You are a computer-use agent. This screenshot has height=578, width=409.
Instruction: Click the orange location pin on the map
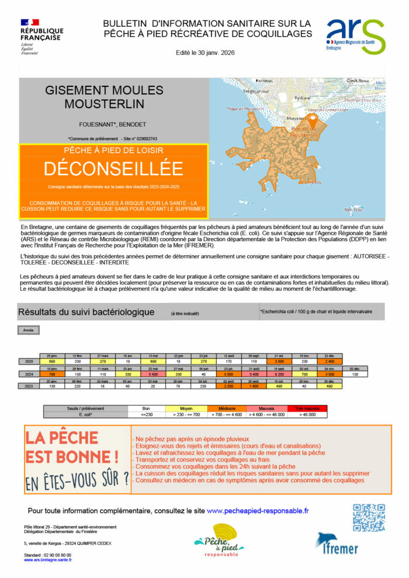pos(312,121)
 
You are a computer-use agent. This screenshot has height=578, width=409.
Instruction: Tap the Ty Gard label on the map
pos(302,98)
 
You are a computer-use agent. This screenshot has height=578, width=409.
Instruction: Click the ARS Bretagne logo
pos(355,36)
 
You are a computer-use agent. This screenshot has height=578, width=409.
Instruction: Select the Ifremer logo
pos(337,544)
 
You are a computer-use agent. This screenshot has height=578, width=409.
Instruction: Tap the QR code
pos(369,517)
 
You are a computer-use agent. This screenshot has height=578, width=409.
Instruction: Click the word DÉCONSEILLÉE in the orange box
pos(113,168)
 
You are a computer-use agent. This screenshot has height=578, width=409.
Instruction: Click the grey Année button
pos(28,330)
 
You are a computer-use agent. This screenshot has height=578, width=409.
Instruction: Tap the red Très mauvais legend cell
pos(307,408)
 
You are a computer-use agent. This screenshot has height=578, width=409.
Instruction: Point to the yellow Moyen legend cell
pos(185,408)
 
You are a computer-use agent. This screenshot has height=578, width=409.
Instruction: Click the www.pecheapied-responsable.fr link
pos(258,510)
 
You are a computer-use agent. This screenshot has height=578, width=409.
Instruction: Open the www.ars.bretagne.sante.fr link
pos(48,560)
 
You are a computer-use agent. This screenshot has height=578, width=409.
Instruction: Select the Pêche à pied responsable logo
pos(217,540)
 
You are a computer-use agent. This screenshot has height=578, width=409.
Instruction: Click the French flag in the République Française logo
pos(29,22)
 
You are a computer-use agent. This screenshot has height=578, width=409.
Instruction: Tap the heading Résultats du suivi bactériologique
pos(86,312)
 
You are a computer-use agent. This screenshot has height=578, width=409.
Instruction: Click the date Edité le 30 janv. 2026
pos(205,53)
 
